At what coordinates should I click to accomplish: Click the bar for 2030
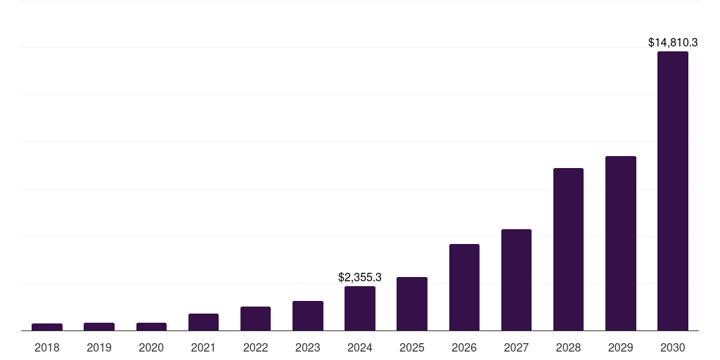coord(672,191)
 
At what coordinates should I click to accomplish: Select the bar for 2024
coord(360,308)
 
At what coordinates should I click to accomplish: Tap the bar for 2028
coord(568,249)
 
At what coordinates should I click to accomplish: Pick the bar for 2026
coord(464,287)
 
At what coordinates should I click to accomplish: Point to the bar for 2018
coord(47,327)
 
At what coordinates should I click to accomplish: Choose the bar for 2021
coord(203,322)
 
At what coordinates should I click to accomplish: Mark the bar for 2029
coord(620,243)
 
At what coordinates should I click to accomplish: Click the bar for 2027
coord(516,280)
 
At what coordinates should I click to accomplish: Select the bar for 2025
coord(412,304)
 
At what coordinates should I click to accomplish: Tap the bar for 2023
coord(308,316)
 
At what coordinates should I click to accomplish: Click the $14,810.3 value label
coord(672,43)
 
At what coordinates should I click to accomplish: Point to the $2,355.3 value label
coord(360,278)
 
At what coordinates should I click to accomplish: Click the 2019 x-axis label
coord(99,347)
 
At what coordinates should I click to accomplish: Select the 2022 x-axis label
coord(256,347)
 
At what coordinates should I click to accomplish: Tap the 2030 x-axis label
coord(672,347)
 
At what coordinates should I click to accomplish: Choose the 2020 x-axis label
coord(151,347)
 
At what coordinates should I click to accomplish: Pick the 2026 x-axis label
coord(464,347)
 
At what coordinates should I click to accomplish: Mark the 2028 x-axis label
coord(568,347)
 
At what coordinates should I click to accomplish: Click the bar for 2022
coord(255,319)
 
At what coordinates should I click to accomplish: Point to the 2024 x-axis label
coord(360,347)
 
